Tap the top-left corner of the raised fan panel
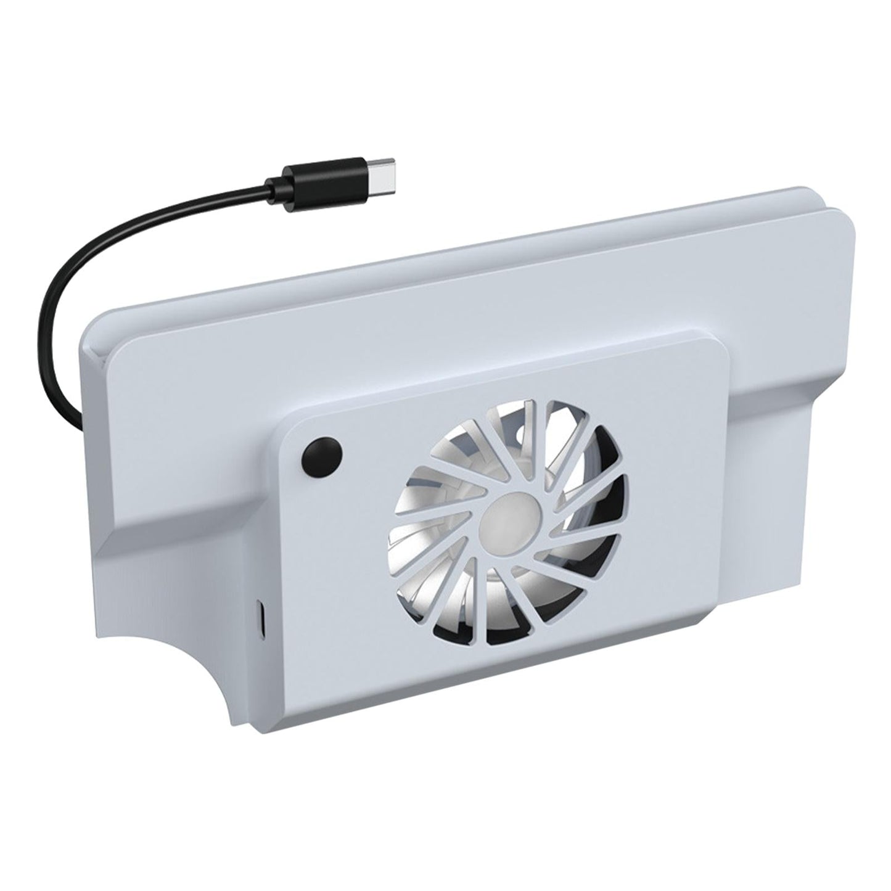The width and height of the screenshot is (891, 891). click(x=293, y=416)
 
